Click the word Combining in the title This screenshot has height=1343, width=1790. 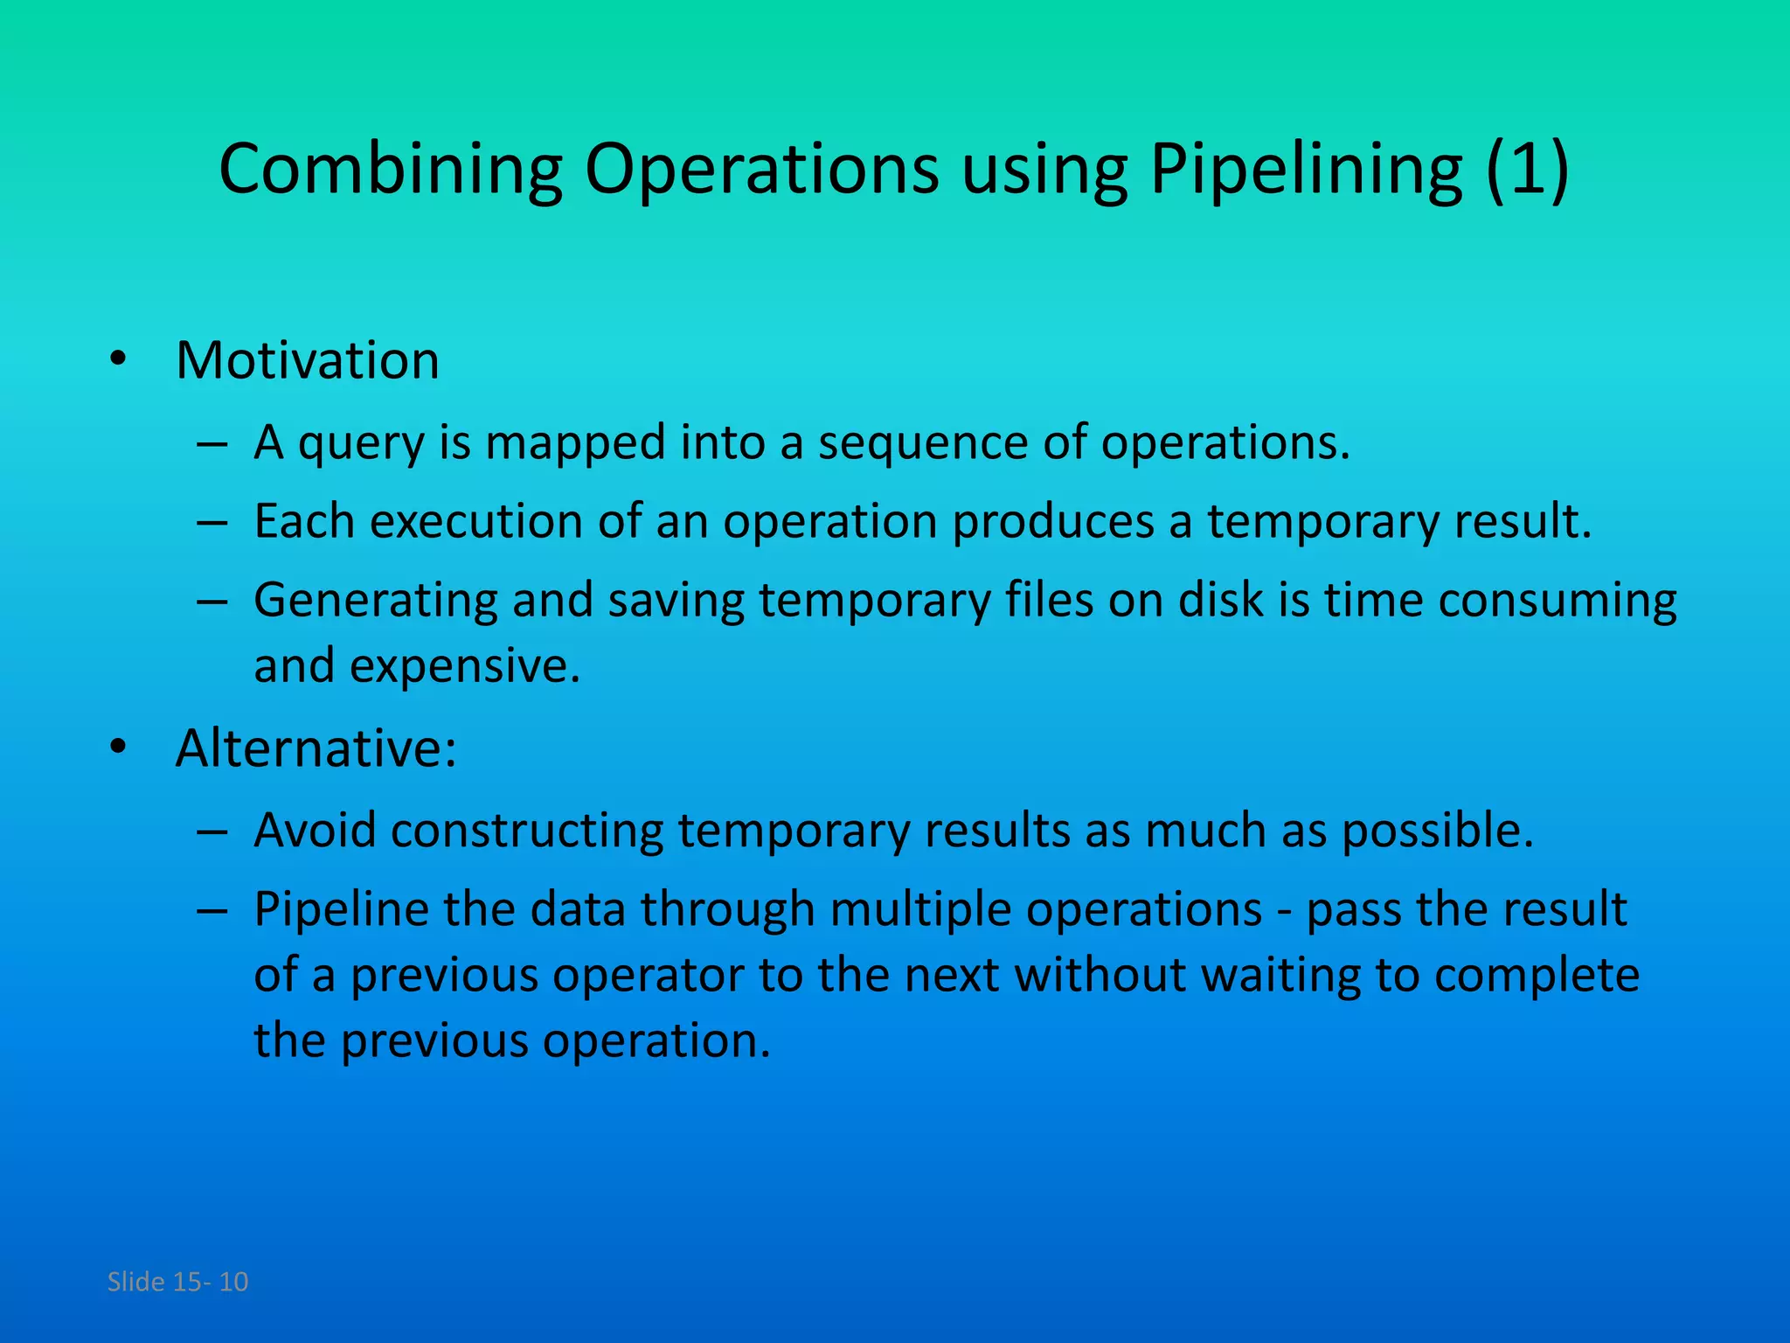390,169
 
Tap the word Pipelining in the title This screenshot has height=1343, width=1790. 1306,169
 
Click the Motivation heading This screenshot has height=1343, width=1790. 308,360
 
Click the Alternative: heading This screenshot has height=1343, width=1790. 316,748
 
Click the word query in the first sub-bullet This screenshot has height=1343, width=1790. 361,443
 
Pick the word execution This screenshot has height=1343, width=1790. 476,522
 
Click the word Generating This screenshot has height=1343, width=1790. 376,602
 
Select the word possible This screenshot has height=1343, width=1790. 1438,832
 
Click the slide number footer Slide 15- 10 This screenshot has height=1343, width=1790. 177,1282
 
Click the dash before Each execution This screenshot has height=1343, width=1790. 212,523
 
